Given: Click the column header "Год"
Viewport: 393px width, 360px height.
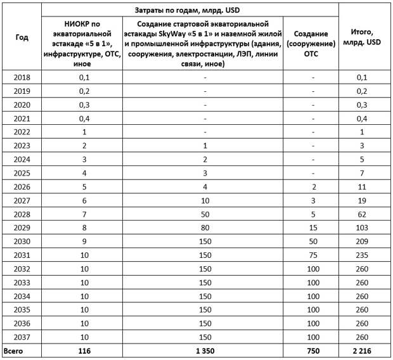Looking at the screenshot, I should [22, 37].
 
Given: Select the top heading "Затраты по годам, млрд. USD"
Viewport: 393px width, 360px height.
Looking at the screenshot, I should [190, 11].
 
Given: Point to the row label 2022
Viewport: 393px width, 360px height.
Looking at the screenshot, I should [22, 131].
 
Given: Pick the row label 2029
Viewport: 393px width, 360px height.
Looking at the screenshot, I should [22, 226].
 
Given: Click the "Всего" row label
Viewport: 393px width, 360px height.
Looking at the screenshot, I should [14, 350].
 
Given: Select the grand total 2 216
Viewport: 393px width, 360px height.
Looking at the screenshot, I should [362, 350].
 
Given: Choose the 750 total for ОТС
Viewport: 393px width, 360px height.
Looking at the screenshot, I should [313, 350].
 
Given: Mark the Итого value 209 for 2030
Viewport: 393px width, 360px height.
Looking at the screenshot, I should [362, 240].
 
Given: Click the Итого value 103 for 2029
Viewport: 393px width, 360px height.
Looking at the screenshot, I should [362, 226].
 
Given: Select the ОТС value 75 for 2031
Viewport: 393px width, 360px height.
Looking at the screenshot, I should [313, 254].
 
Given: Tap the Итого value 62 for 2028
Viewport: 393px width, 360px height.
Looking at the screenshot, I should [362, 213].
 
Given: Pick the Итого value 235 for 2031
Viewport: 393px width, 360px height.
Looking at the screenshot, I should [362, 254].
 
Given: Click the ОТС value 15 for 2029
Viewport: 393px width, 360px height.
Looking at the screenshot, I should [313, 226].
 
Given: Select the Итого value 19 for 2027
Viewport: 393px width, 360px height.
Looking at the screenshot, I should [362, 199].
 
